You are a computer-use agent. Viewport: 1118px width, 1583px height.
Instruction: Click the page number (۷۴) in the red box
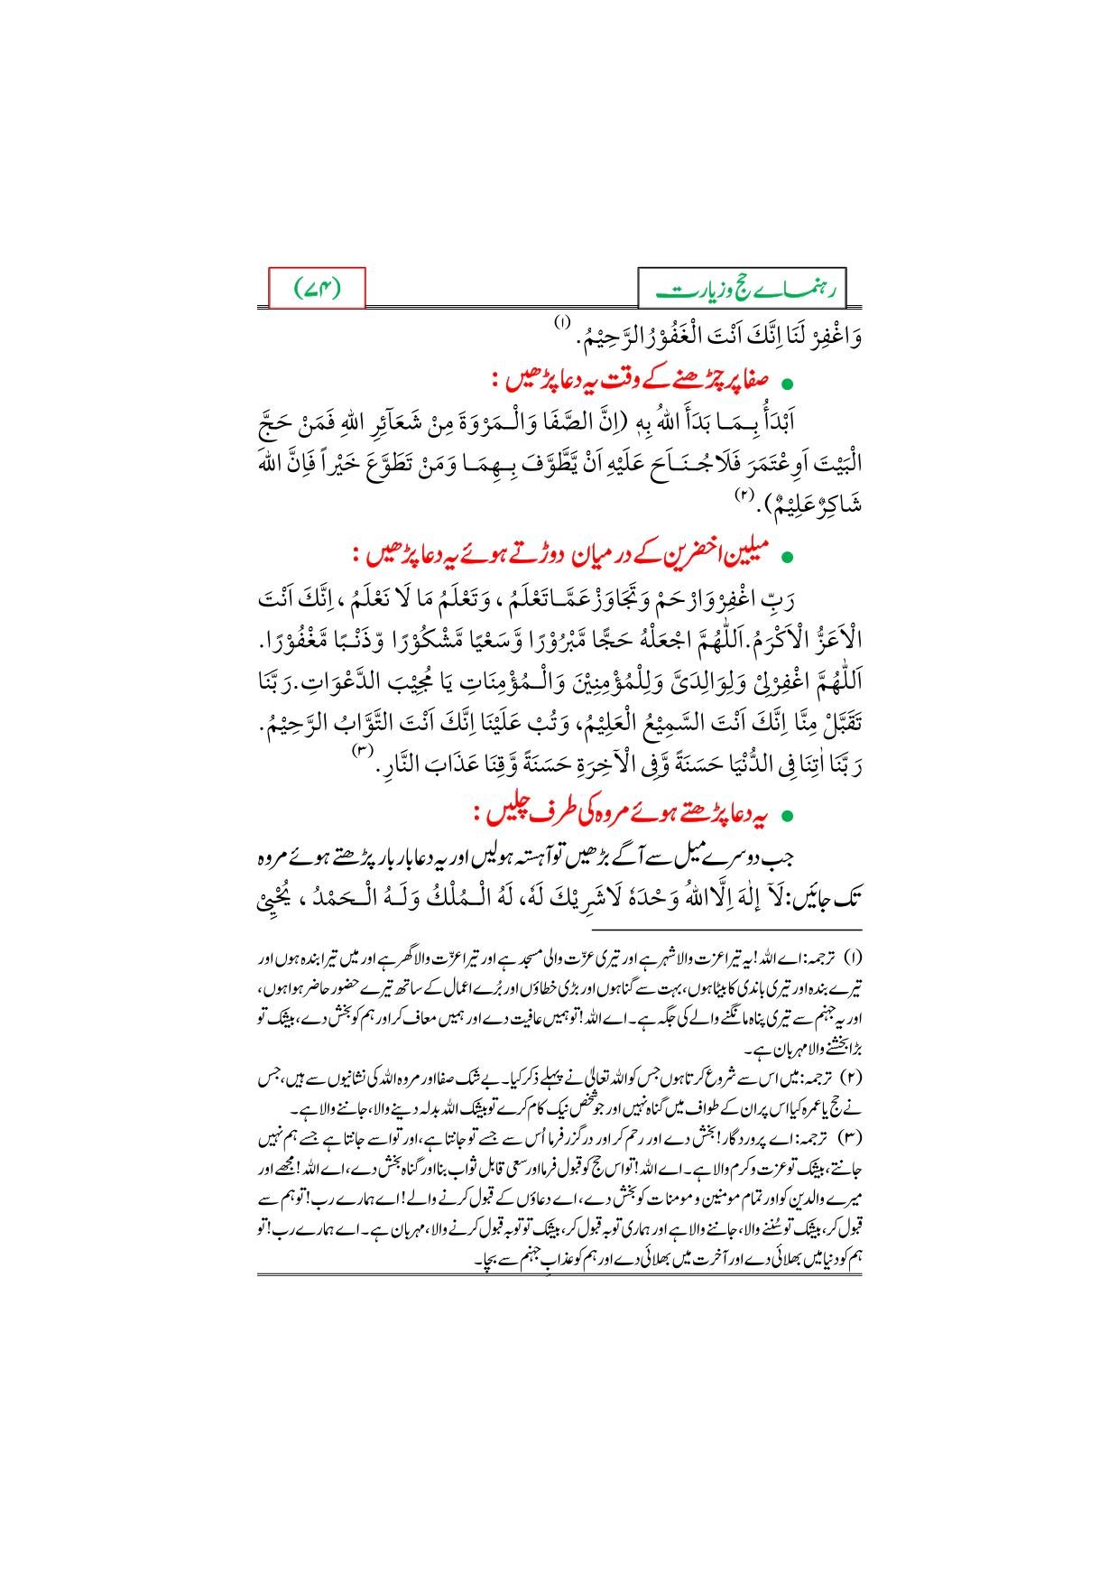[x=318, y=289]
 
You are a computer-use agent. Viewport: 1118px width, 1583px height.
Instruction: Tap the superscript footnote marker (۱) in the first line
[x=562, y=322]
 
